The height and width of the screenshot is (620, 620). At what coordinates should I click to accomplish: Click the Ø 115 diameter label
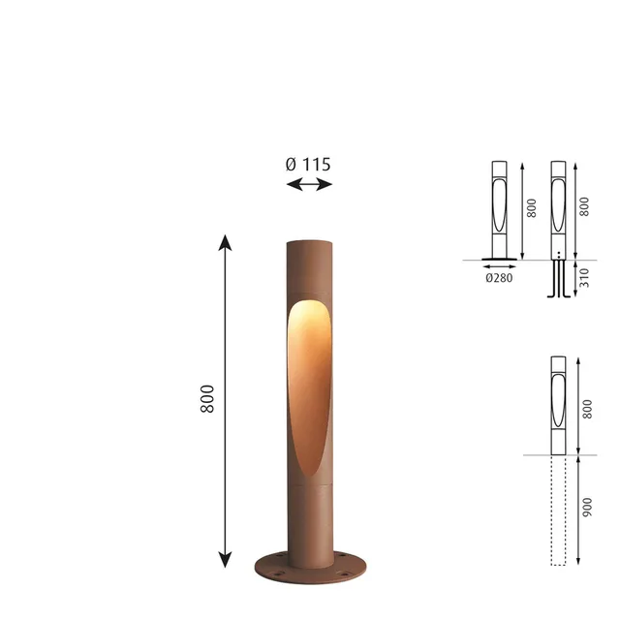pyautogui.click(x=308, y=165)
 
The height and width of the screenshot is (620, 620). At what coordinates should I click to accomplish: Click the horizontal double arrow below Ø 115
pyautogui.click(x=309, y=184)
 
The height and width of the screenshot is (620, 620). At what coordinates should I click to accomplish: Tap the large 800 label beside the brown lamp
pyautogui.click(x=207, y=399)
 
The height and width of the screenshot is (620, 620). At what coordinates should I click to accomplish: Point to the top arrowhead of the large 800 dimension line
pyautogui.click(x=225, y=242)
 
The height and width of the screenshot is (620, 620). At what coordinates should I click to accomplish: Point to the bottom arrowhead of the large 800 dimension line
pyautogui.click(x=225, y=560)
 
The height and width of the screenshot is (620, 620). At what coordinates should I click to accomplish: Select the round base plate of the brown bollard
pyautogui.click(x=310, y=568)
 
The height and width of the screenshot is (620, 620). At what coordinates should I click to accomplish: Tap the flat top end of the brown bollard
pyautogui.click(x=310, y=242)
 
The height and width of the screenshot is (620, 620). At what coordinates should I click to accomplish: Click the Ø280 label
pyautogui.click(x=499, y=278)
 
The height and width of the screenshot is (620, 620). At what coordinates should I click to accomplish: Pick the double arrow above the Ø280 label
pyautogui.click(x=500, y=267)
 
